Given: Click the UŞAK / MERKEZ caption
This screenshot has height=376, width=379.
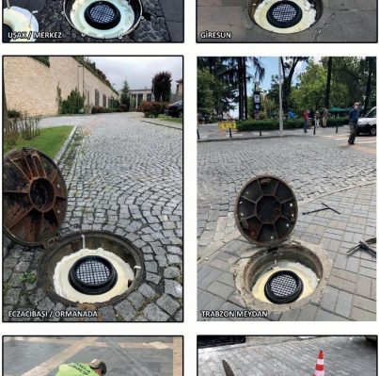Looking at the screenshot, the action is coord(35,35).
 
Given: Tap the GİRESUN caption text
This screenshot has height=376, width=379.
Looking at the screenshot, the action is coord(215,35).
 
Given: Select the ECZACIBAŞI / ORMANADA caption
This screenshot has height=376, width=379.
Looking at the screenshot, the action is coord(53,314).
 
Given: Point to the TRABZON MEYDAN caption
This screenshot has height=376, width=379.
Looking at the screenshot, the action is coord(234,314).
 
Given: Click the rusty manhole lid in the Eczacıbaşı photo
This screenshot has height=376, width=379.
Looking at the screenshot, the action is coord(34,197).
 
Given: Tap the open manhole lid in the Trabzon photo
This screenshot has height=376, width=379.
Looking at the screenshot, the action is coord(266,210).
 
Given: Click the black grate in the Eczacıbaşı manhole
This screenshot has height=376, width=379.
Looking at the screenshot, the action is coord(93,274).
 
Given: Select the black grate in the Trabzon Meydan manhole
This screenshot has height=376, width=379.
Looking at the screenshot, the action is coord(284,286).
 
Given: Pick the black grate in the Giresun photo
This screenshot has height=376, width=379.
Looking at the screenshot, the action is coord(284,14).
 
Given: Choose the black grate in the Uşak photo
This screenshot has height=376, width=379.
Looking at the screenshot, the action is coord(103,14).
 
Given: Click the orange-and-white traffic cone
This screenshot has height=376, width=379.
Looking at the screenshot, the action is coord(319,364).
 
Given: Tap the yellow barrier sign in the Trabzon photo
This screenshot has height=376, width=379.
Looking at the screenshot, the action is coord(228,125).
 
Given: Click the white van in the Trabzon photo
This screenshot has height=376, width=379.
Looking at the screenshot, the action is coord(367,122).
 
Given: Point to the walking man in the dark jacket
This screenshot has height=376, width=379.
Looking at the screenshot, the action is coord(354,123).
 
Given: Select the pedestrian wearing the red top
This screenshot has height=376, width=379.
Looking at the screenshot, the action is coord(306,121).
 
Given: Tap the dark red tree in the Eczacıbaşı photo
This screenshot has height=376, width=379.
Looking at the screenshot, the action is coord(162,87).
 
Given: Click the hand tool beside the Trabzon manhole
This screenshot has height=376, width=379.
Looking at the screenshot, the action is coord(363,246).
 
